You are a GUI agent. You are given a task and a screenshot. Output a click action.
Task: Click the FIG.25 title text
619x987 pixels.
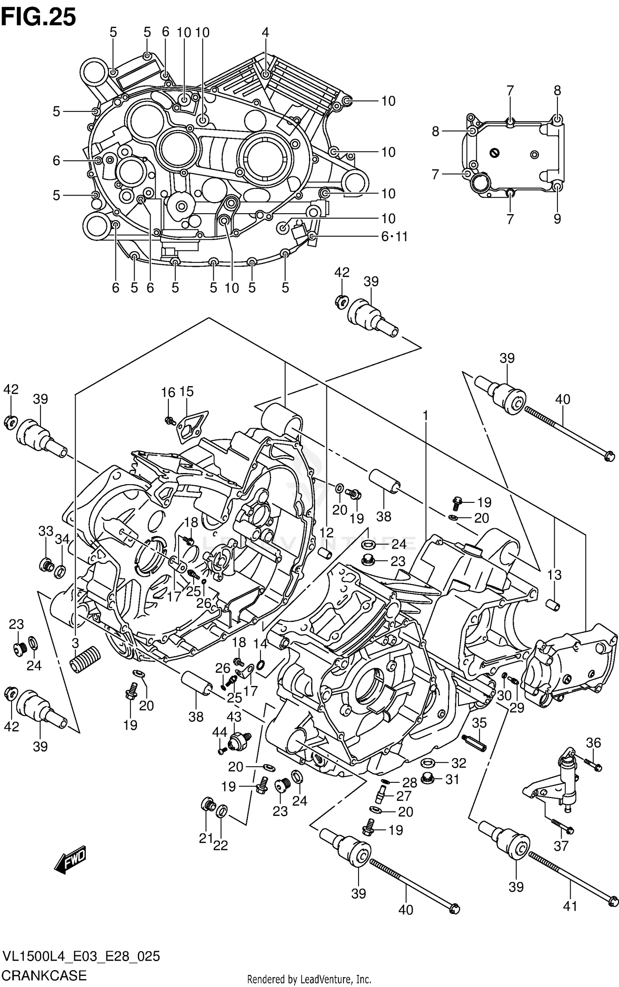[x=39, y=17]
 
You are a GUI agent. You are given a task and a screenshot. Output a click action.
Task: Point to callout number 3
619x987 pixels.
[x=75, y=643]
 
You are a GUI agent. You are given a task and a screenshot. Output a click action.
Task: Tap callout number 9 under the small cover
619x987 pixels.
[x=557, y=219]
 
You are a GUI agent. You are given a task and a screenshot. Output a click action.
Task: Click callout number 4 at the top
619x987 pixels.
[x=265, y=33]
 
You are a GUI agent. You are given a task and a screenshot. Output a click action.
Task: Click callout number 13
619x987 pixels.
[x=554, y=574]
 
